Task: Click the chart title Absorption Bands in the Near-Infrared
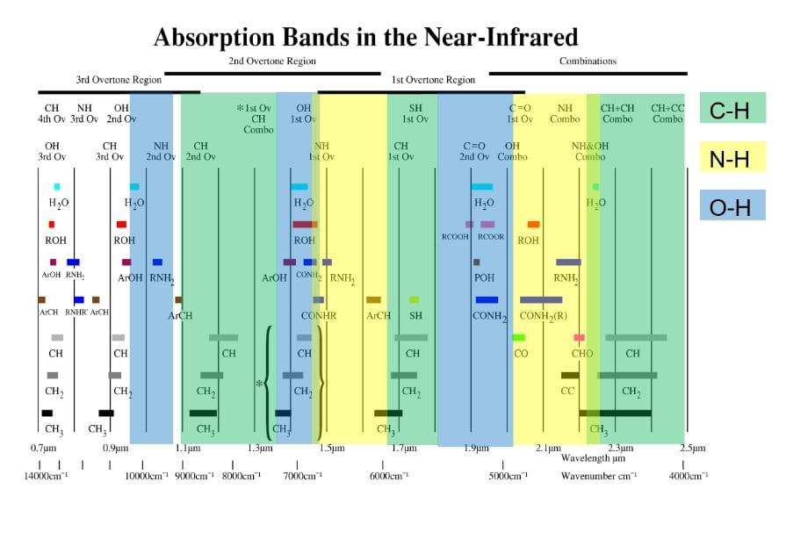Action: [x=365, y=38]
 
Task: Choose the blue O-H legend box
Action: [x=732, y=206]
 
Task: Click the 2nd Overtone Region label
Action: [x=272, y=61]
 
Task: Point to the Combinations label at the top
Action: [x=588, y=61]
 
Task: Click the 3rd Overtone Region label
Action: [x=119, y=80]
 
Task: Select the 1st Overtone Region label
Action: [x=433, y=80]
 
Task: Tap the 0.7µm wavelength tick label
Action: [x=43, y=449]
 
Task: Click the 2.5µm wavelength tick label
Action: [x=692, y=449]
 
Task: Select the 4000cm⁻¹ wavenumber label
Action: [x=688, y=476]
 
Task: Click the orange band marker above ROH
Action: [x=533, y=225]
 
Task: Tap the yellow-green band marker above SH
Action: [x=415, y=300]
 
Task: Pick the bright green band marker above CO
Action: [x=519, y=338]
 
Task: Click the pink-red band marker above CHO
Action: [x=579, y=338]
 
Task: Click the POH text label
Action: [x=483, y=278]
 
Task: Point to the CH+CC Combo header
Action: [x=667, y=113]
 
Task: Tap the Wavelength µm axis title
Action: [x=594, y=458]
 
